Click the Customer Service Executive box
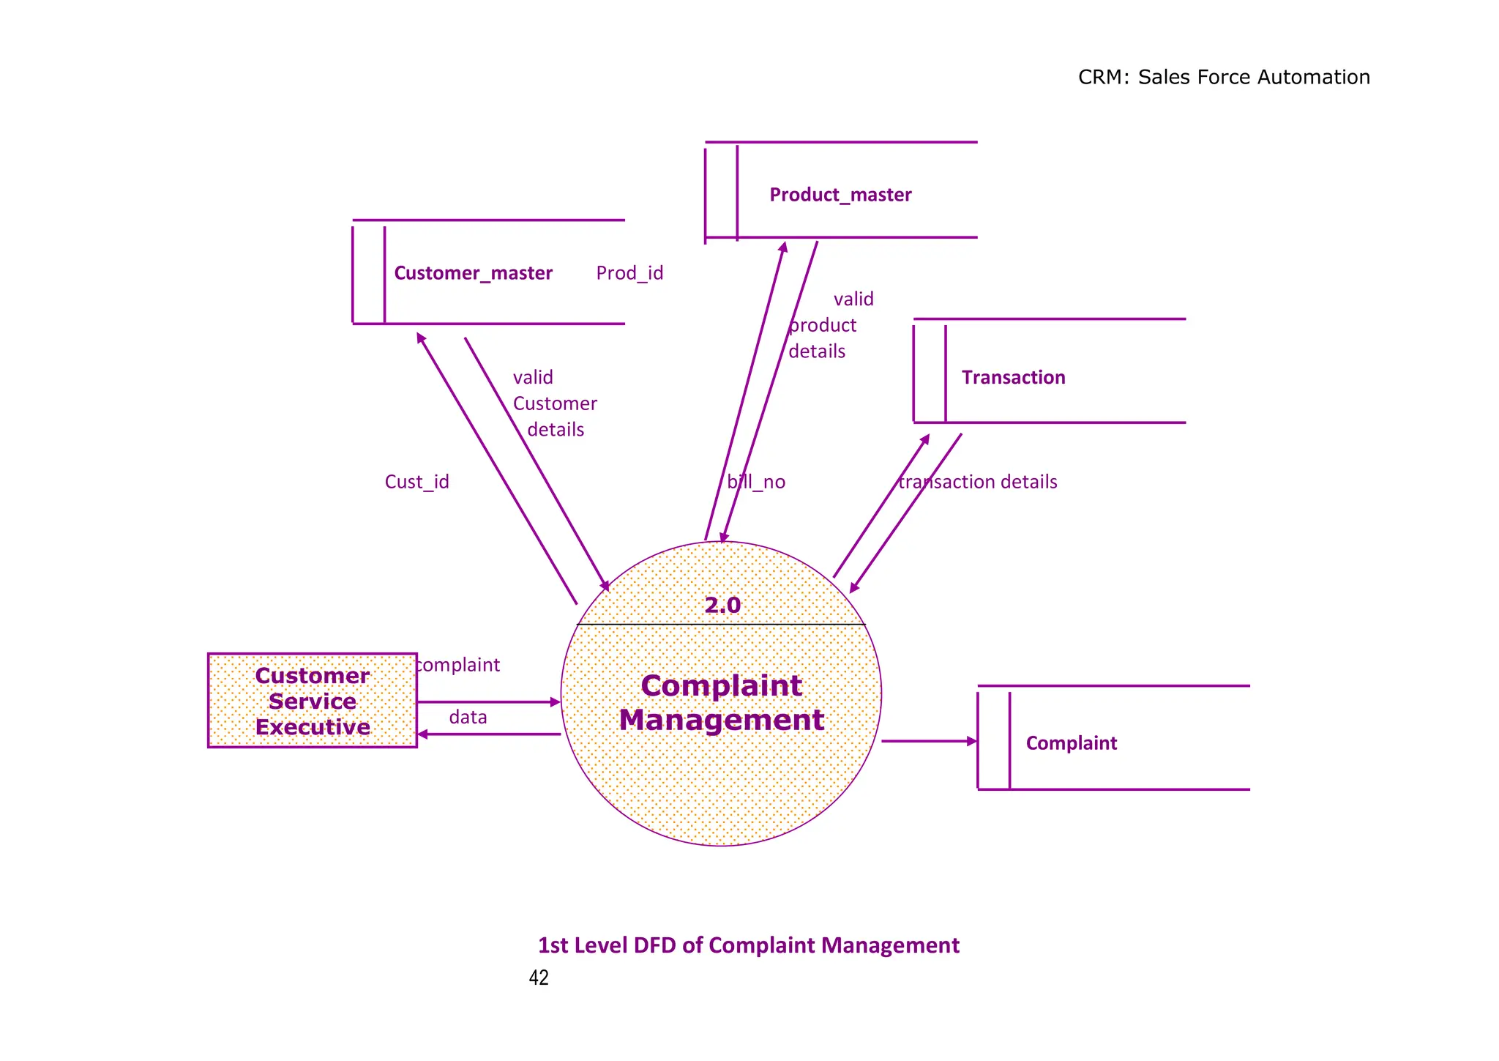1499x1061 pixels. pos(313,701)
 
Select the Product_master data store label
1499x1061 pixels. pos(840,195)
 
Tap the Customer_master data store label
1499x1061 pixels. pos(473,273)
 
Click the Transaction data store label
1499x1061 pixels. pos(1013,378)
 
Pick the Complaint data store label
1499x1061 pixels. pos(1071,743)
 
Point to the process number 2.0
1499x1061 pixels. pos(722,606)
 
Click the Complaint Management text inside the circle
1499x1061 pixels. pos(722,703)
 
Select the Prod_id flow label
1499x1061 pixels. pos(629,273)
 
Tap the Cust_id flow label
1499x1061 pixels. pos(416,482)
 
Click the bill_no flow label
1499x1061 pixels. pos(756,482)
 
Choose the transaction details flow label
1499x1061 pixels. pos(978,482)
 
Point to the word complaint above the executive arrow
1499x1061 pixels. pos(458,665)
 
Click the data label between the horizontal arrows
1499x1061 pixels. pos(468,717)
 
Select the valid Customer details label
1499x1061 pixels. pos(554,403)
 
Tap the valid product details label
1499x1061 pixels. pos(827,325)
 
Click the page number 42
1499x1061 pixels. pos(539,978)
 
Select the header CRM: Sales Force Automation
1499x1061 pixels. pos(1224,77)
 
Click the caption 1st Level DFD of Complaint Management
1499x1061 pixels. pos(748,945)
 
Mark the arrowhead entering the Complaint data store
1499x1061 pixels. pos(972,741)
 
